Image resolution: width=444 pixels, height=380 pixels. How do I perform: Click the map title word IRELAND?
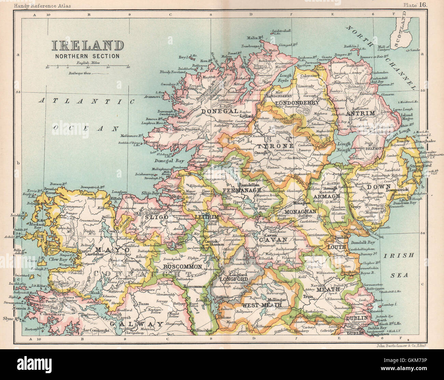88,46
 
